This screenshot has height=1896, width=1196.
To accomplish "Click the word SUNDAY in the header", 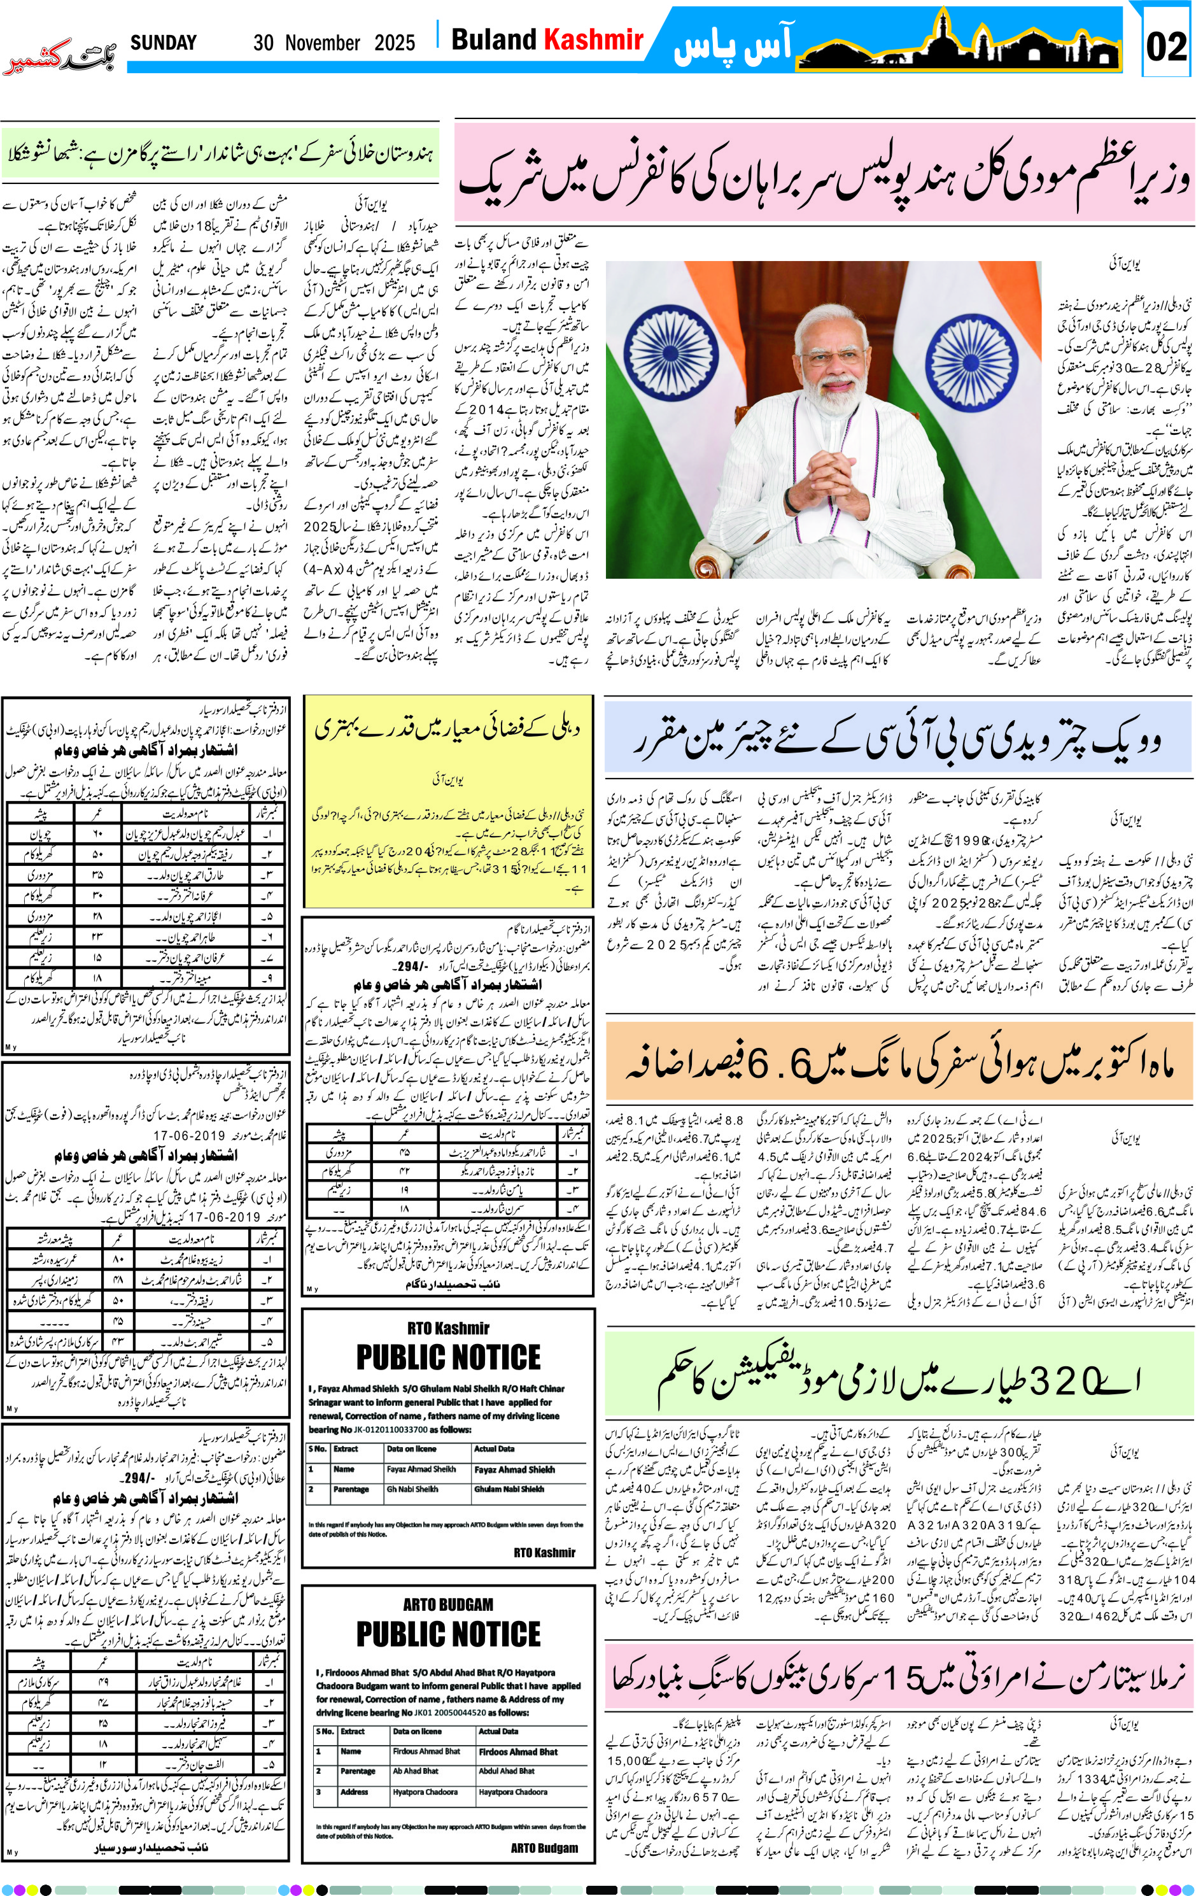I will [163, 43].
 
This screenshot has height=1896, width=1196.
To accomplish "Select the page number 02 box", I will [1165, 46].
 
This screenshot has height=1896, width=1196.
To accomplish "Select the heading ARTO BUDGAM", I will [448, 1604].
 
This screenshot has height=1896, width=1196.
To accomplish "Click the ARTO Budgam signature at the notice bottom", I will [544, 1847].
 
